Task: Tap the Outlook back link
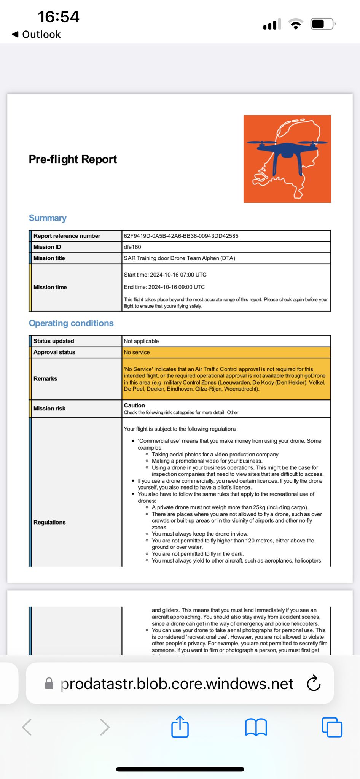[37, 35]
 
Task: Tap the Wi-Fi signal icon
[296, 24]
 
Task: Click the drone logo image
[287, 159]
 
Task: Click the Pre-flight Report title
[73, 159]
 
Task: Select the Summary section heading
[48, 218]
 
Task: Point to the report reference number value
[181, 236]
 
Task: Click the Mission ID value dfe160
[132, 247]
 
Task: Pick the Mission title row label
[49, 258]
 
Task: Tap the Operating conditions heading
[71, 323]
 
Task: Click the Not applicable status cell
[141, 341]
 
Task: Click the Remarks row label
[45, 378]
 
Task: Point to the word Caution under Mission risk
[134, 405]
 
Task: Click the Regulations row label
[49, 522]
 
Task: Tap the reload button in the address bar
[314, 684]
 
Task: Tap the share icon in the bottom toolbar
[180, 727]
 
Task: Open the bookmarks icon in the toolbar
[256, 727]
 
